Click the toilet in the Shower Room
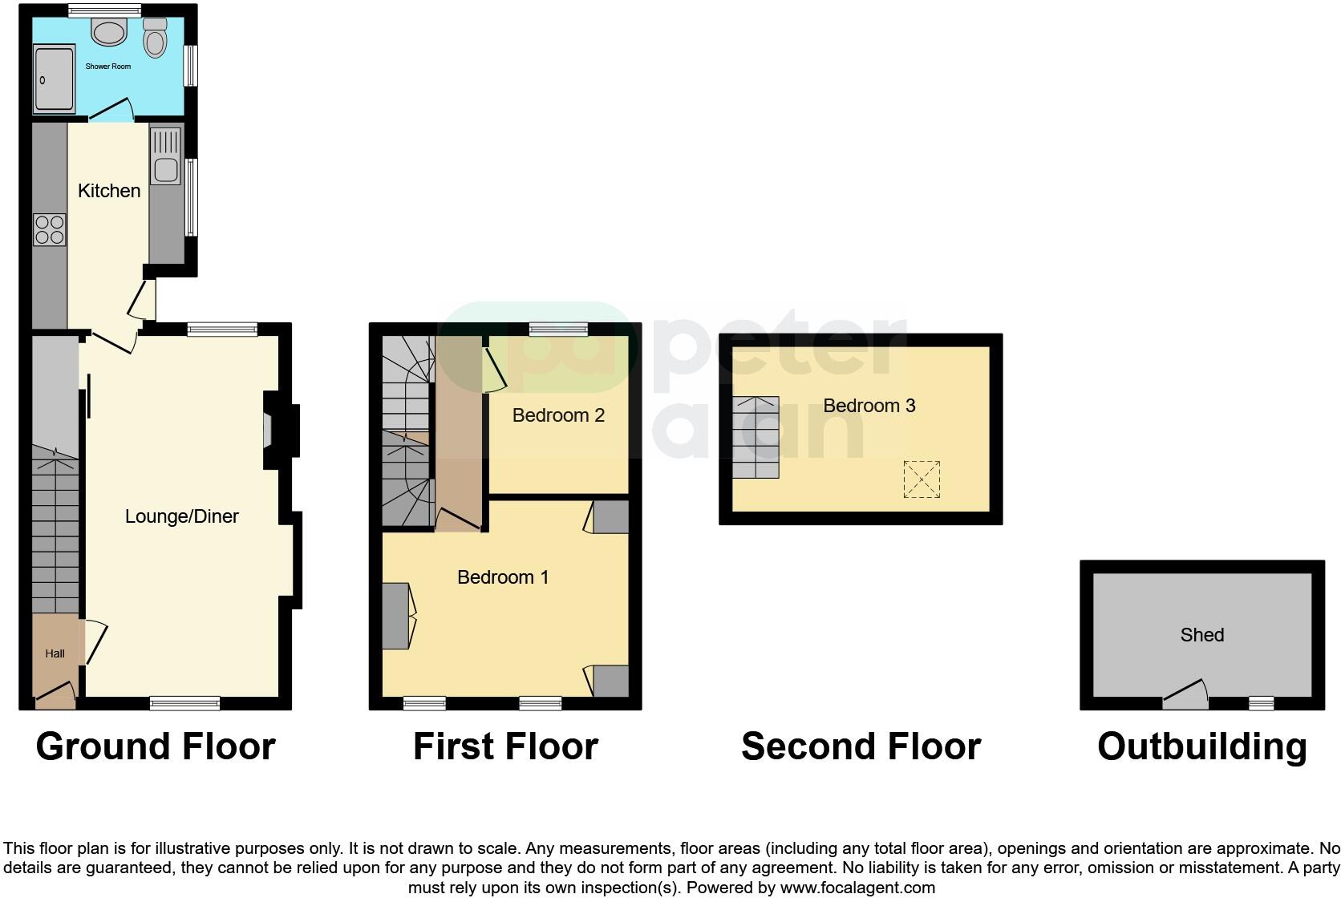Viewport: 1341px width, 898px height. pyautogui.click(x=155, y=36)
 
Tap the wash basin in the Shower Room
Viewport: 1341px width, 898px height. pyautogui.click(x=109, y=32)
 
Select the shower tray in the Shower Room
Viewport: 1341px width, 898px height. pyautogui.click(x=54, y=79)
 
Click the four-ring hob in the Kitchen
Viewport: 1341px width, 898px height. pyautogui.click(x=50, y=229)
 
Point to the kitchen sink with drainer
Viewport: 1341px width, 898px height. pyautogui.click(x=166, y=155)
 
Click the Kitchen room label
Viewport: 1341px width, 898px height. pyautogui.click(x=109, y=191)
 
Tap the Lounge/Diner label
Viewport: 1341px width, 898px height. pyautogui.click(x=182, y=516)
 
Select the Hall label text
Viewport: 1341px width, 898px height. pyautogui.click(x=55, y=653)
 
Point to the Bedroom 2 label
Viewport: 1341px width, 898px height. pyautogui.click(x=558, y=415)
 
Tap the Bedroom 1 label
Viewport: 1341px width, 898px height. pyautogui.click(x=503, y=577)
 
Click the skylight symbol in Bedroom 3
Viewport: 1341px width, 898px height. pyautogui.click(x=922, y=479)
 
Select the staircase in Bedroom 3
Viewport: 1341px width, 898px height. pyautogui.click(x=755, y=437)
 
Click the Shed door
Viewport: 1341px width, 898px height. pyautogui.click(x=1185, y=696)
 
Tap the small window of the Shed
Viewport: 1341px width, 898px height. pyautogui.click(x=1261, y=703)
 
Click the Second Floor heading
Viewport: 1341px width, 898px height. pyautogui.click(x=861, y=746)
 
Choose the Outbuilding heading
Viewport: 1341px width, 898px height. pyautogui.click(x=1201, y=746)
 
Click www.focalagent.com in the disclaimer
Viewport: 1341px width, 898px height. pyautogui.click(x=857, y=888)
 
